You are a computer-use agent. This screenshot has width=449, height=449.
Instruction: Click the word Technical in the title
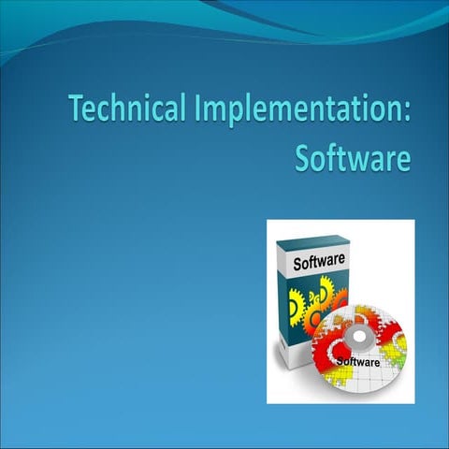click(x=129, y=110)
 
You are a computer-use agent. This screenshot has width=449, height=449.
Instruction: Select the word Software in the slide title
click(x=353, y=157)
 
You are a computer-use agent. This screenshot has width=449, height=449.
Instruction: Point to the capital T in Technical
click(x=77, y=109)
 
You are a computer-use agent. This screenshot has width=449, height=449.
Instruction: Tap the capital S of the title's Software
click(x=303, y=157)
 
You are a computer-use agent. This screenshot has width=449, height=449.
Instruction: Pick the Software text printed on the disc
click(x=357, y=361)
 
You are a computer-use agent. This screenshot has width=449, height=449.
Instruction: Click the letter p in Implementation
click(x=233, y=114)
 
